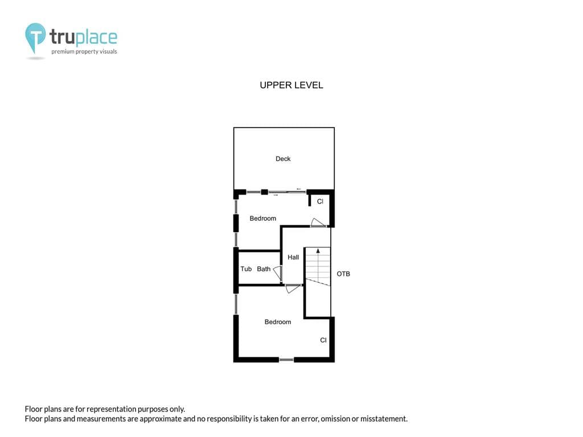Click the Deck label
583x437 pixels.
pos(283,159)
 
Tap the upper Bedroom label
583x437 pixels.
pos(263,218)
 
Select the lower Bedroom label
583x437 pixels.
pos(278,322)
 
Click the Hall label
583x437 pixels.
pos(293,257)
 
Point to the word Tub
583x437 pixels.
pos(246,269)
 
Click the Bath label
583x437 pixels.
pos(264,269)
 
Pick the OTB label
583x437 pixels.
pos(343,274)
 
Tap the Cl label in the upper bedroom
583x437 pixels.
pos(320,201)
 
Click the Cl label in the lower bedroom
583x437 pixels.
pos(323,340)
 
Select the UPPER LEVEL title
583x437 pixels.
pos(291,85)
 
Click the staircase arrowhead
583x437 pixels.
pos(318,251)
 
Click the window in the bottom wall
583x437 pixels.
pos(286,360)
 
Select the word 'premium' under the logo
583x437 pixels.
pos(63,52)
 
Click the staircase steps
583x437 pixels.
pos(318,266)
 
